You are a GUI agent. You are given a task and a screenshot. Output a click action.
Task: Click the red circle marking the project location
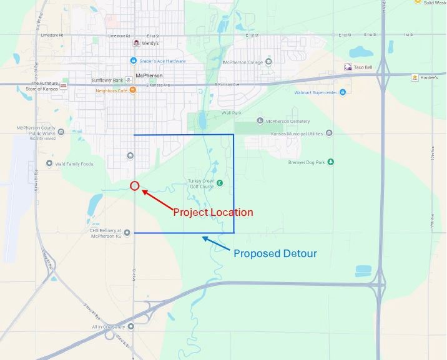(134, 185)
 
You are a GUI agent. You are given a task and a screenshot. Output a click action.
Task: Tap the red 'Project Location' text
(213, 212)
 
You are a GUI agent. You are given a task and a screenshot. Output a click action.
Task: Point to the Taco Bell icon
(348, 67)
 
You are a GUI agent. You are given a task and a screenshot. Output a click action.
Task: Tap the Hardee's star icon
(415, 77)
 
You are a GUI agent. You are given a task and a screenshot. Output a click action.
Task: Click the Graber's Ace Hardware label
(162, 61)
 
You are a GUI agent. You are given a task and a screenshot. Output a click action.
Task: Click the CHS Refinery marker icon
(127, 233)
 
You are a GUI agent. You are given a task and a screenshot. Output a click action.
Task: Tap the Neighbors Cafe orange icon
(132, 90)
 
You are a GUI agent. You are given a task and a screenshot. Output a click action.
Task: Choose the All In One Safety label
(109, 327)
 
